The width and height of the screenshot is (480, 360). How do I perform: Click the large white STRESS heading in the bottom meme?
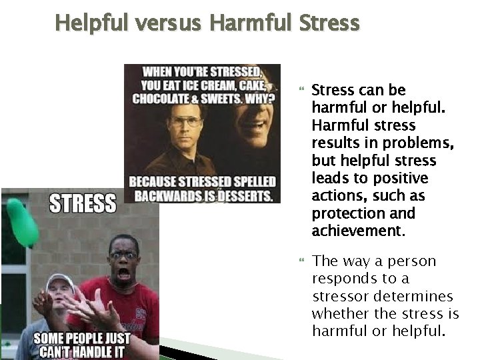(83, 203)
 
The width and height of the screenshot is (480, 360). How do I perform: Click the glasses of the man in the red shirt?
(123, 254)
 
